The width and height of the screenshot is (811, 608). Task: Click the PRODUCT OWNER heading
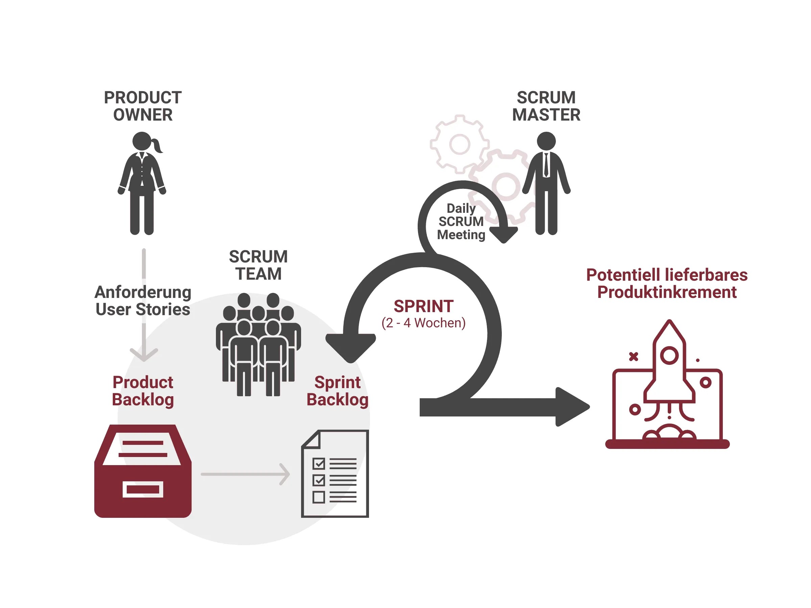143,106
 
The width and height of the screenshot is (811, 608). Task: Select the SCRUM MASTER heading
546,106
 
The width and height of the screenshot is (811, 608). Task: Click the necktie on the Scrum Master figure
546,165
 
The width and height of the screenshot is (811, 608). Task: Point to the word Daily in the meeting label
461,208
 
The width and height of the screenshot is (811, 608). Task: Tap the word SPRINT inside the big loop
423,306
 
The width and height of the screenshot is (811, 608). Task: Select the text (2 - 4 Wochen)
423,323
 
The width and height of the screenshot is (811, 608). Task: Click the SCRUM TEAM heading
258,265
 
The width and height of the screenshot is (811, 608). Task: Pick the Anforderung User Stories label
143,301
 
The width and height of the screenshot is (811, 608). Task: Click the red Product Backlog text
143,391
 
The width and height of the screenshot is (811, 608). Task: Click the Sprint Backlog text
337,391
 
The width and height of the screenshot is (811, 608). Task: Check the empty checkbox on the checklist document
318,497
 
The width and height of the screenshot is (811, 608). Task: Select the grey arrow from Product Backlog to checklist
245,474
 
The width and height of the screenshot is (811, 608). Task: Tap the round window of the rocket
669,355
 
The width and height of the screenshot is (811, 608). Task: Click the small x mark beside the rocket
634,357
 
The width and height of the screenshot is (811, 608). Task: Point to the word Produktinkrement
667,292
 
